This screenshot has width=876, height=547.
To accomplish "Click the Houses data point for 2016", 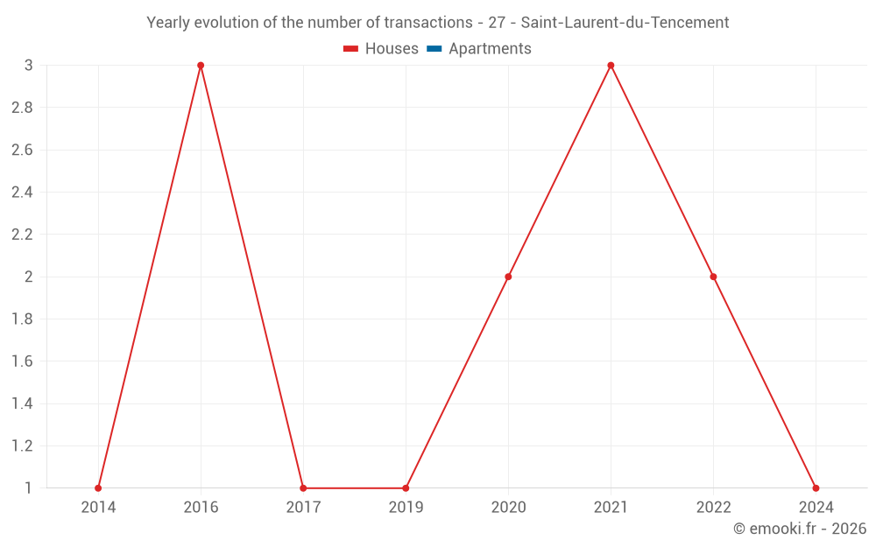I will (201, 66).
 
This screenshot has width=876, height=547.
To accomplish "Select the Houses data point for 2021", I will (611, 66).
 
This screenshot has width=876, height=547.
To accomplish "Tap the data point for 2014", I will (98, 488).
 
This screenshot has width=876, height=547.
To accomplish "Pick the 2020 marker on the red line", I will (508, 277).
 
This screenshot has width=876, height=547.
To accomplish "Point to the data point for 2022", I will (713, 277).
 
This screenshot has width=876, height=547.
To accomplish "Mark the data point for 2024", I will (816, 488).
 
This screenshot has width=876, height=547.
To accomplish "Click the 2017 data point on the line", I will (303, 488).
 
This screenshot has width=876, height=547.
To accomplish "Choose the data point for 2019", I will (406, 488).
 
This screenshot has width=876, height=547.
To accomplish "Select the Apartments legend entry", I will (490, 49).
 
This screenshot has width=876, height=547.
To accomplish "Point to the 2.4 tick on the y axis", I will (22, 193).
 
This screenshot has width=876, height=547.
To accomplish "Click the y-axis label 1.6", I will (22, 361).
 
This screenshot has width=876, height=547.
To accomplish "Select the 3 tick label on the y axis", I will (29, 66).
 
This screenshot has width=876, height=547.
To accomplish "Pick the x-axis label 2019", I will (406, 507).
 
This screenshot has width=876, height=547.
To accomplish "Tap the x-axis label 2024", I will (816, 507).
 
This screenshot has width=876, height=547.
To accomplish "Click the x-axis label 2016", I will (201, 507).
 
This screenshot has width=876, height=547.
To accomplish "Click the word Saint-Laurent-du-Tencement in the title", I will (625, 23).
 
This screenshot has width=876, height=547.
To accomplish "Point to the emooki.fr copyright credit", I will (799, 529).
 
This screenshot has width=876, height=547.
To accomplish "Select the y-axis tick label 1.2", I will (22, 446).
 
